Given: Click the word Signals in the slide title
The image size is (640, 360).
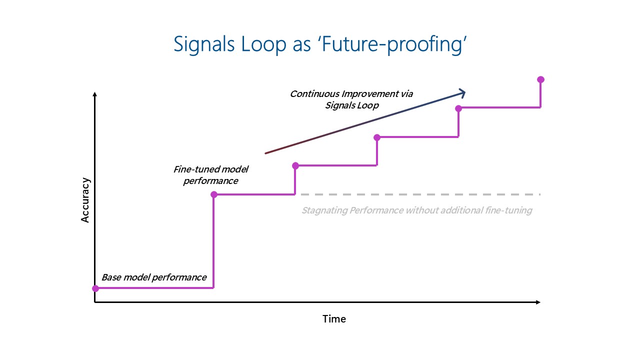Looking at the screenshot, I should [x=204, y=44].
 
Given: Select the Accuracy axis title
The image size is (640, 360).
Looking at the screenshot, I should [x=85, y=200].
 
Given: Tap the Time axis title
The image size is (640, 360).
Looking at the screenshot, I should [x=334, y=319].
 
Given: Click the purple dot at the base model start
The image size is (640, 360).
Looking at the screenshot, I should [x=95, y=288].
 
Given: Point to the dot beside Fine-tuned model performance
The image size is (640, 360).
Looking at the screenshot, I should [x=214, y=194].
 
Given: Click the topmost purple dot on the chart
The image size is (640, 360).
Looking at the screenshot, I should [x=540, y=79].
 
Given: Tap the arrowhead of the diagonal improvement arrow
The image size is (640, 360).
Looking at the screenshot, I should [x=462, y=92].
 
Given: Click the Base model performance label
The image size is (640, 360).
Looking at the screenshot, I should [x=154, y=277].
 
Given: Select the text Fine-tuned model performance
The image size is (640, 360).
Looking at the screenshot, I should [x=210, y=175].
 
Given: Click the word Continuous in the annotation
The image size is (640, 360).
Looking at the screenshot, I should [x=314, y=94].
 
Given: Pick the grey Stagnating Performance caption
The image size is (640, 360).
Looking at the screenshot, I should [x=416, y=210].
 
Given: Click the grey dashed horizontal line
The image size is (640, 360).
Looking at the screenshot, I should [x=420, y=194].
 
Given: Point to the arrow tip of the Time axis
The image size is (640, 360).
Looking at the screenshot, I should [x=538, y=302].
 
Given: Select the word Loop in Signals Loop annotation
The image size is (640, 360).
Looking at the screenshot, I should [x=367, y=105].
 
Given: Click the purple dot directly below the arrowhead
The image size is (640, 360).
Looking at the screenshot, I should [x=458, y=108].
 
